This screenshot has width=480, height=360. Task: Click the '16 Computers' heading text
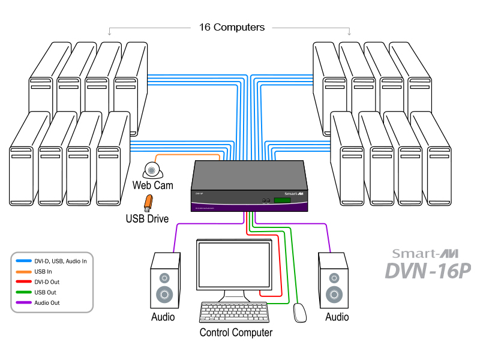point(231,27)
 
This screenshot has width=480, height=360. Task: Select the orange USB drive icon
point(146,203)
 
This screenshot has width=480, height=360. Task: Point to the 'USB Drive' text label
point(147,218)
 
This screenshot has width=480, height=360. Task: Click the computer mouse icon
point(299,313)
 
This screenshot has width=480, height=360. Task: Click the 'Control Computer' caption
point(236,332)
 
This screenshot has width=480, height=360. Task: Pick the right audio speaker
point(333,281)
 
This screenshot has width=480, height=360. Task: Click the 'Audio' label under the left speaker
point(163,317)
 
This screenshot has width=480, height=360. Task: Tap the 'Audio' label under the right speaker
point(337,317)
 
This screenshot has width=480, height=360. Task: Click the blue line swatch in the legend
point(24,262)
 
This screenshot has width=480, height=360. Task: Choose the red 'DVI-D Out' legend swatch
point(24,282)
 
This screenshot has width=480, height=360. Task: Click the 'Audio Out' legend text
point(49,303)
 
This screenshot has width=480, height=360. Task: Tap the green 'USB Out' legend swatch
point(24,293)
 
